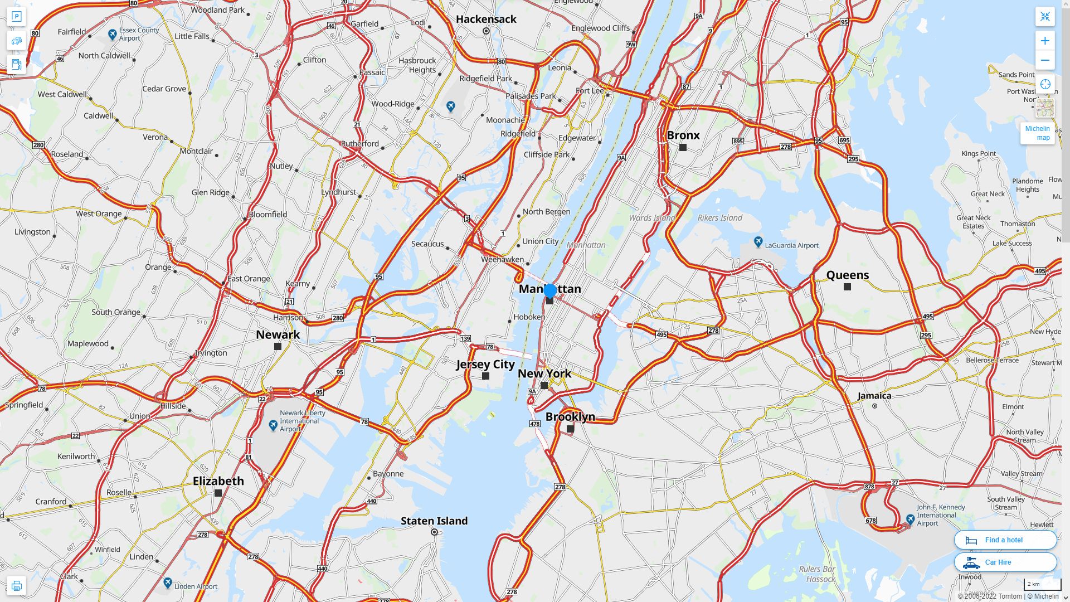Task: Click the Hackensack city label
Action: (486, 19)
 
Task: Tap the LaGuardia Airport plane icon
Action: (758, 242)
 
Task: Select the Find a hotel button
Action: (1005, 540)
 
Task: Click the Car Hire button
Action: (1005, 562)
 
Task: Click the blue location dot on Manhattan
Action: (550, 290)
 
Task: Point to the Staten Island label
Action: (434, 521)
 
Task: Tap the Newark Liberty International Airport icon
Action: (273, 426)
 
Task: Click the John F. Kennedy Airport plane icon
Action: (910, 520)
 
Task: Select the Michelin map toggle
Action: (1037, 133)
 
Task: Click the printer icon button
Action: (16, 586)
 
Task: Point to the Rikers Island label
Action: (719, 218)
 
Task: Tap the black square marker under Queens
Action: (847, 287)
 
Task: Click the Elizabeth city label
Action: (218, 481)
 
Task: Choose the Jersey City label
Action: (485, 364)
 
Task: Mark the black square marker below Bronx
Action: (683, 148)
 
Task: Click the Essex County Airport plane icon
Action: (113, 35)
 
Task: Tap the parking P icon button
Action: (16, 17)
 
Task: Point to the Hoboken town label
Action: (529, 317)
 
